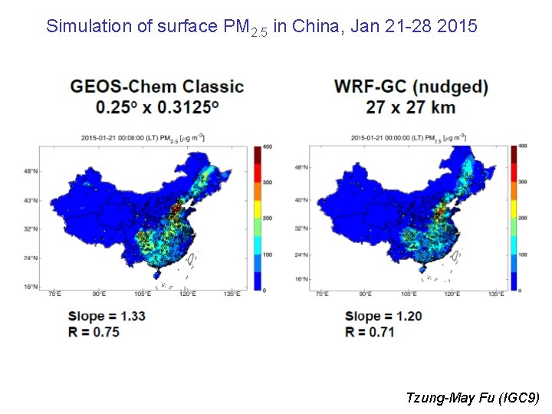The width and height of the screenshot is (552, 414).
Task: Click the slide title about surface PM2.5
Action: [261, 27]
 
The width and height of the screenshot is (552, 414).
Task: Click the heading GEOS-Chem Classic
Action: [156, 87]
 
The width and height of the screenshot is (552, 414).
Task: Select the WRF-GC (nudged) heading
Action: [412, 87]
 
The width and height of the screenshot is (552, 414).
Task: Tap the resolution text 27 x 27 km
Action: [411, 107]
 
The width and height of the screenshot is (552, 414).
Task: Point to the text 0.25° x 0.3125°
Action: [156, 107]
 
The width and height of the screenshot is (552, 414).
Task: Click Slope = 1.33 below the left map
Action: [107, 316]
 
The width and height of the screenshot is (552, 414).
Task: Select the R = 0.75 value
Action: [94, 332]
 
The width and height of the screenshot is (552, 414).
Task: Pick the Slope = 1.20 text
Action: [383, 316]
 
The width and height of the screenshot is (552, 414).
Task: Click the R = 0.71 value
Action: [370, 332]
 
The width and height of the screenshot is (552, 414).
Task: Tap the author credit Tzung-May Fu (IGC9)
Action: [473, 397]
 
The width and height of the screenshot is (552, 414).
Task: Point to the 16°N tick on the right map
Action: [301, 280]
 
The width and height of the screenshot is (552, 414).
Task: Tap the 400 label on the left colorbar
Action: [267, 146]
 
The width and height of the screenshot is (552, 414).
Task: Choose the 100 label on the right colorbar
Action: [522, 254]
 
